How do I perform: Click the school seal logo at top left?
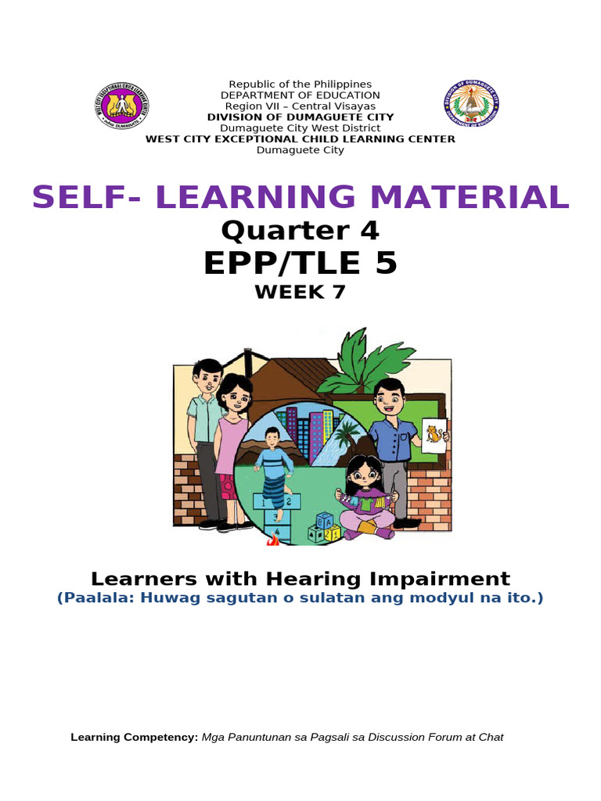coord(122,106)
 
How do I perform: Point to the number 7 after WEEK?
coord(337,293)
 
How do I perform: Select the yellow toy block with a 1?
coord(333,534)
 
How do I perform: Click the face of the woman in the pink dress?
coord(236,395)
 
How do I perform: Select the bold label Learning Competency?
coord(135,737)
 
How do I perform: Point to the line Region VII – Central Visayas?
coord(300,106)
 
